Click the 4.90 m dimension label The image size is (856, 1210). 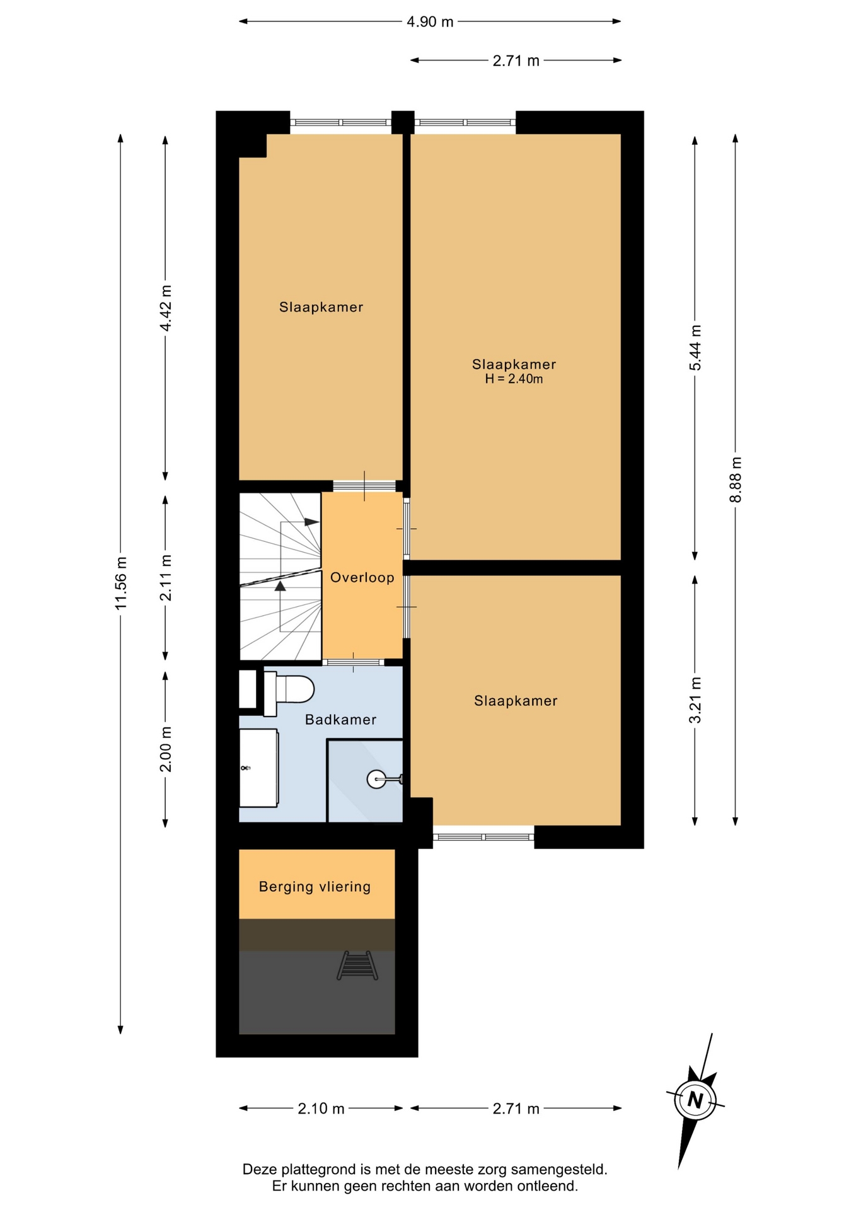pyautogui.click(x=430, y=21)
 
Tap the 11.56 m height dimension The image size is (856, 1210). pyautogui.click(x=121, y=583)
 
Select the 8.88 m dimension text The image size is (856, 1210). pyautogui.click(x=736, y=480)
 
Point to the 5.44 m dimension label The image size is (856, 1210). pyautogui.click(x=695, y=348)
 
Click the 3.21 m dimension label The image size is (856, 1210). pyautogui.click(x=695, y=700)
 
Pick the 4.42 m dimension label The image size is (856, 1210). pyautogui.click(x=166, y=308)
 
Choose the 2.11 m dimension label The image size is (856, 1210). pyautogui.click(x=166, y=578)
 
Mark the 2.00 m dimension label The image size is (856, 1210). pyautogui.click(x=166, y=749)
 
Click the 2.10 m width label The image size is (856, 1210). pyautogui.click(x=321, y=1109)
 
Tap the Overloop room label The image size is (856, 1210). pyautogui.click(x=362, y=577)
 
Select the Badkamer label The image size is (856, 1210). pyautogui.click(x=341, y=720)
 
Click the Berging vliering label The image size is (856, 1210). pyautogui.click(x=315, y=887)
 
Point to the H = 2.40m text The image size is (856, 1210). pyautogui.click(x=514, y=379)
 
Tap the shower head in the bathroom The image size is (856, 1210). pyautogui.click(x=377, y=780)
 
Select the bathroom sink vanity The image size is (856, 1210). pyautogui.click(x=258, y=768)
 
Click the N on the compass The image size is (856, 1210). pyautogui.click(x=695, y=1100)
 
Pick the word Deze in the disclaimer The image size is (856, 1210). pyautogui.click(x=260, y=1170)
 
